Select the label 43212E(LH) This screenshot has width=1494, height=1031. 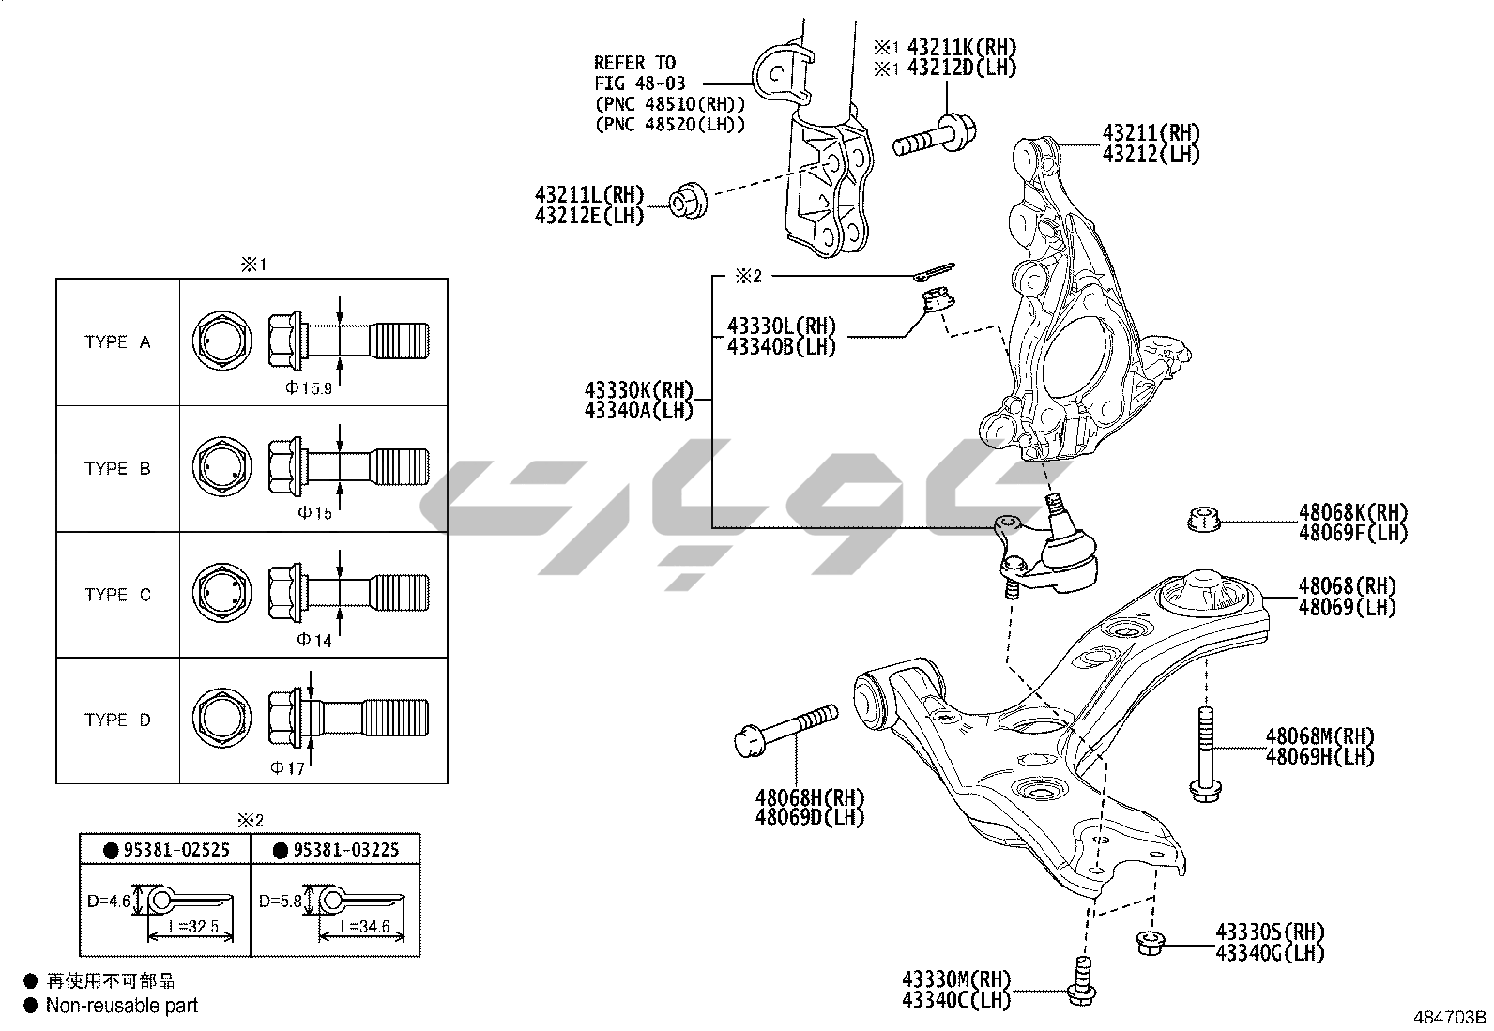pos(589,215)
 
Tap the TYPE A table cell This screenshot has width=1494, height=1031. pos(117,342)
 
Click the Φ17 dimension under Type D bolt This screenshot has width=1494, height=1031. pos(288,768)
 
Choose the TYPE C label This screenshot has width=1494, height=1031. pos(117,595)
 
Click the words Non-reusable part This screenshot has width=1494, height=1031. pos(123,1006)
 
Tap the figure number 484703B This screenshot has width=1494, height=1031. pos(1451,1017)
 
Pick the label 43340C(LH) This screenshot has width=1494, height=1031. pos(956,1001)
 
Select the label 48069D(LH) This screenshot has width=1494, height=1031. pos(810,816)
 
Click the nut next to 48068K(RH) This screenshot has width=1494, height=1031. pos(1202,518)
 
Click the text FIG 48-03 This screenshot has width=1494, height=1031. pos(638,83)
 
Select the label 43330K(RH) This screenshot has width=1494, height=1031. pos(638,389)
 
